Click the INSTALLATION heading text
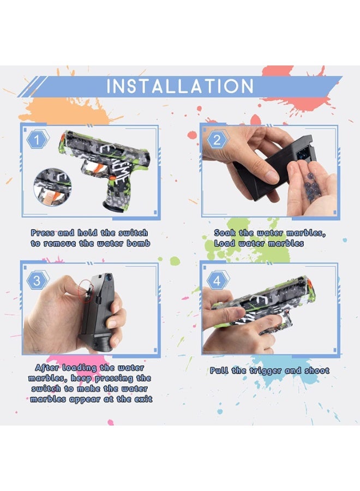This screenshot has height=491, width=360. click(180, 87)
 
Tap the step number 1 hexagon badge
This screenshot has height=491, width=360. click(37, 141)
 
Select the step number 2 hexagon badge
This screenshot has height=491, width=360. click(217, 140)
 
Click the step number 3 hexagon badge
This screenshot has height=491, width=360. click(37, 280)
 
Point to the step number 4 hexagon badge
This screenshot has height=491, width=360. click(217, 280)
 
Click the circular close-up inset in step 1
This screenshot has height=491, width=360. click(50, 186)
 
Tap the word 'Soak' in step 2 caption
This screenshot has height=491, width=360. click(225, 233)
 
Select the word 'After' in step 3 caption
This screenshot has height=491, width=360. click(47, 368)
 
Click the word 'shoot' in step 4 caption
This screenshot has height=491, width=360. click(315, 370)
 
